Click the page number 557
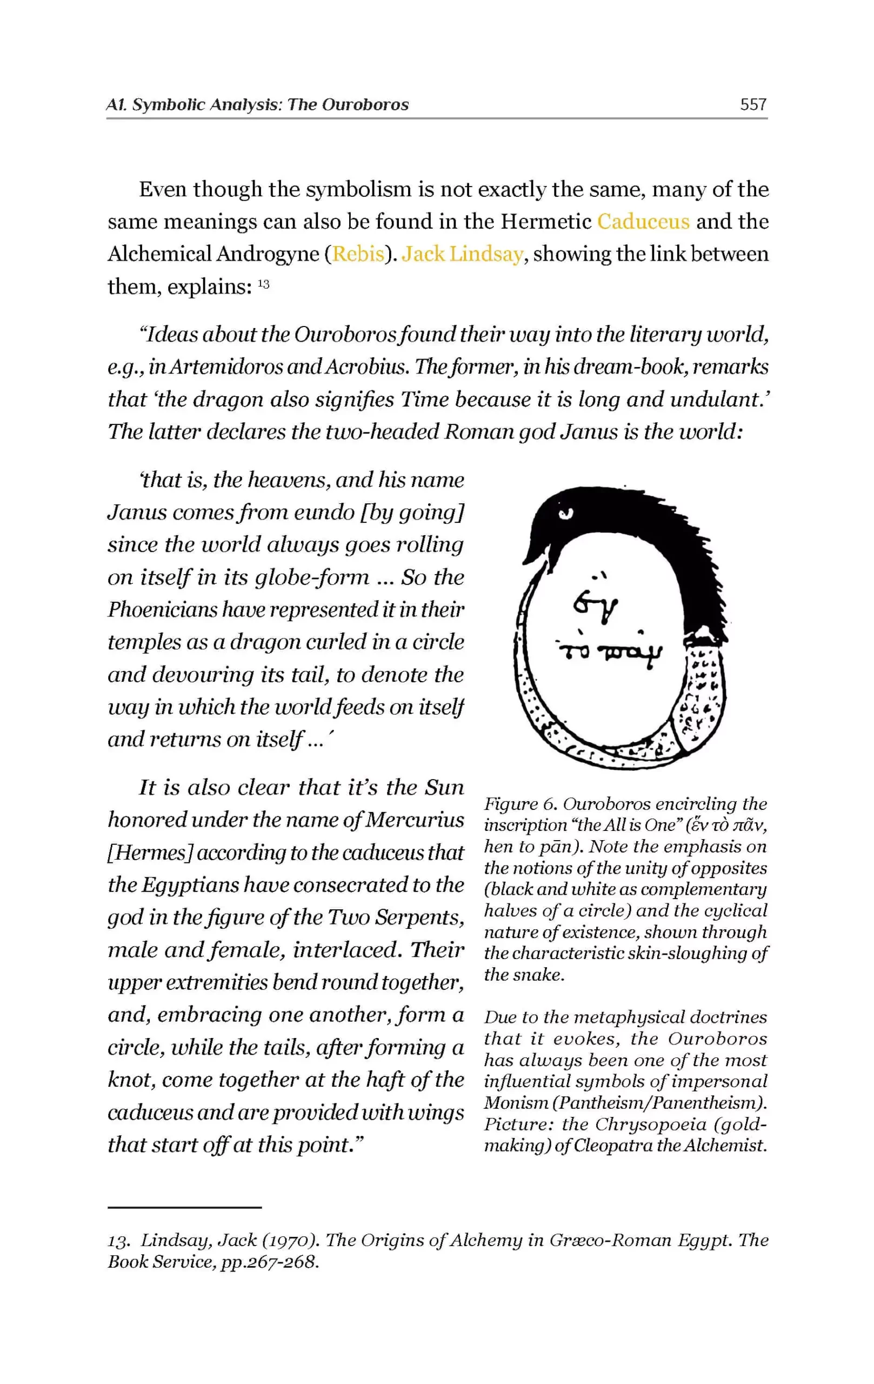(x=753, y=104)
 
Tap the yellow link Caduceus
(x=643, y=221)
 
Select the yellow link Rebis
(x=358, y=254)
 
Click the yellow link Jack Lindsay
(x=462, y=254)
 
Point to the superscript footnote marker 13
(x=263, y=284)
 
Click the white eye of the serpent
(x=566, y=514)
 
